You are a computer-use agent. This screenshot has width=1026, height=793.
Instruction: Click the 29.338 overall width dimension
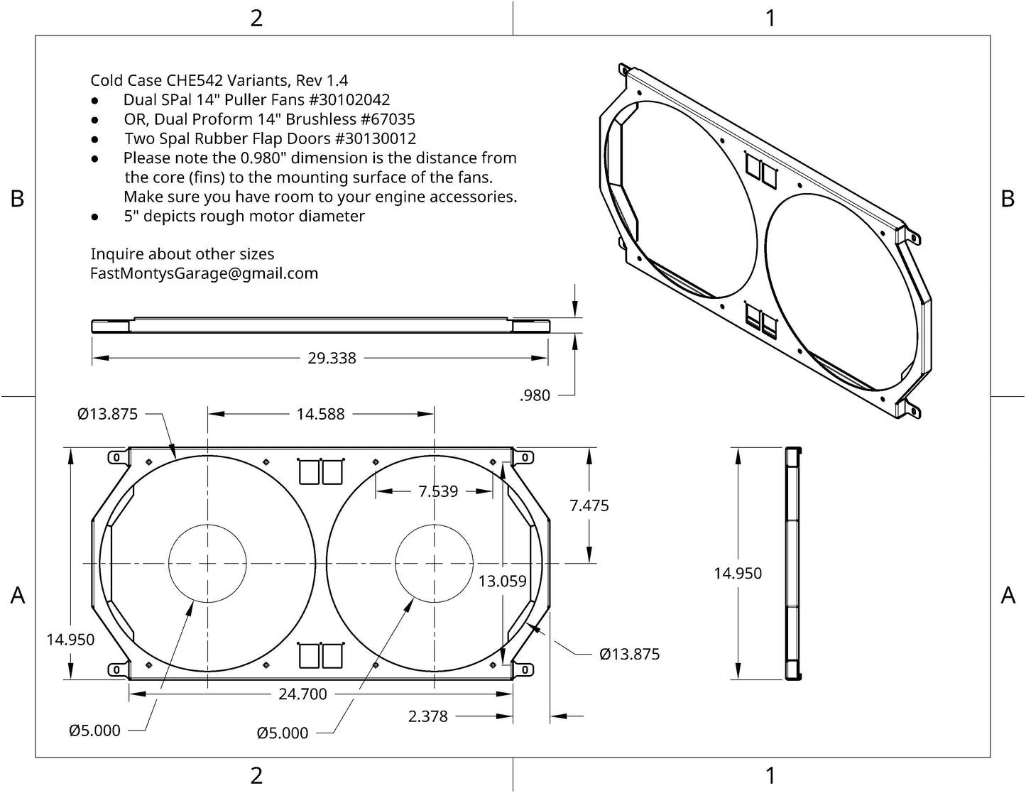[332, 359]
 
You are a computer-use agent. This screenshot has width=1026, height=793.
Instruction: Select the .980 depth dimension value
[535, 395]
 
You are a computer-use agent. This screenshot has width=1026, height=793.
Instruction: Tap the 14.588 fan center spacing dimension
[320, 414]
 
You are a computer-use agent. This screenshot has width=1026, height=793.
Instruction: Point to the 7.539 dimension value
[438, 491]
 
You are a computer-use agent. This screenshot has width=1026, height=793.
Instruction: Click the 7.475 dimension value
[589, 505]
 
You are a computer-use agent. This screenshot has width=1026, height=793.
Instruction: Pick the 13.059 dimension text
[502, 581]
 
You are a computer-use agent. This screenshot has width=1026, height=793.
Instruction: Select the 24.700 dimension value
[302, 694]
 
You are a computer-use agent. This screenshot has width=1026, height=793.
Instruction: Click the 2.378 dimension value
[428, 716]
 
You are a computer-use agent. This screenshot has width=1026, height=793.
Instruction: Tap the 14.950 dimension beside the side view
[738, 574]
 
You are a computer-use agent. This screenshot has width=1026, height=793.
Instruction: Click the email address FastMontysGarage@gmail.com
[204, 273]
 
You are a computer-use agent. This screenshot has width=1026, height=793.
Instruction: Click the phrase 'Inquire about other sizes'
[182, 254]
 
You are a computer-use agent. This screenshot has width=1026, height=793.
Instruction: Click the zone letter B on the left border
[17, 199]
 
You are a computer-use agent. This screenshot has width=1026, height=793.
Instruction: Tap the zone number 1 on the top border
[770, 18]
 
